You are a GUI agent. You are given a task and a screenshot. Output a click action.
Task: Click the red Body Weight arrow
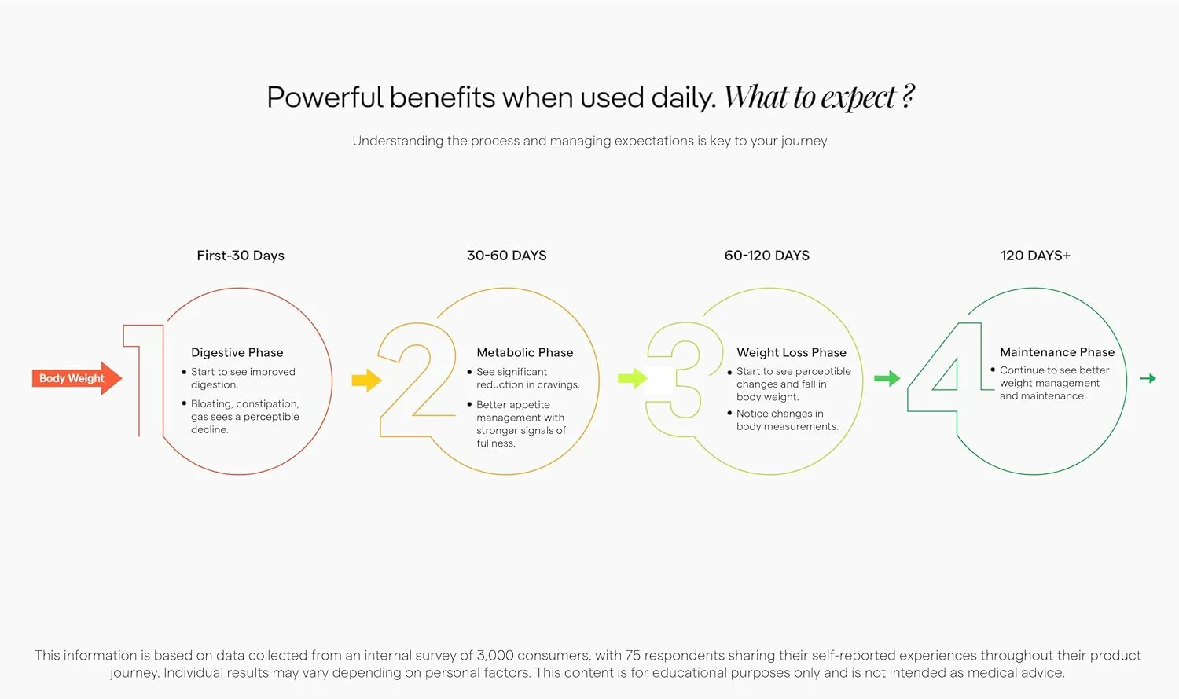point(77,378)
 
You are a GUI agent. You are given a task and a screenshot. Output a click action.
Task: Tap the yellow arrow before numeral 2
point(366,380)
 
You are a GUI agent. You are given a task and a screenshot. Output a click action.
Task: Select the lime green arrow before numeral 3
point(632,378)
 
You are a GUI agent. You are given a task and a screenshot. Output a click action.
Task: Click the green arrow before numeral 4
point(887,378)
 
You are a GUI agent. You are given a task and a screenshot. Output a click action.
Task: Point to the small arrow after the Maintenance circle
point(1148,378)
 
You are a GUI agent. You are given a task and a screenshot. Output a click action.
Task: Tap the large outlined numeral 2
point(417,380)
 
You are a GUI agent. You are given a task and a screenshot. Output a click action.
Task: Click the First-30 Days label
point(241,256)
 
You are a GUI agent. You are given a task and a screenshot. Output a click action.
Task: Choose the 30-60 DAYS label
point(507,256)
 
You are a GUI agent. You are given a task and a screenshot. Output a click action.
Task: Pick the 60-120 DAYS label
point(767,256)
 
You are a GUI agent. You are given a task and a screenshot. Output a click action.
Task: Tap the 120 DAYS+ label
point(1035,256)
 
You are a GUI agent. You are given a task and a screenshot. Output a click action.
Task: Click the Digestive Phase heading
point(237,353)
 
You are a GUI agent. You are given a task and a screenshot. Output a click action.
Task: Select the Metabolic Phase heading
point(525,352)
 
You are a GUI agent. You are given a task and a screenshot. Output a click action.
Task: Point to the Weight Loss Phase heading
point(792,353)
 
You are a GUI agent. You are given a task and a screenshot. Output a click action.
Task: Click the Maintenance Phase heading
point(1057,351)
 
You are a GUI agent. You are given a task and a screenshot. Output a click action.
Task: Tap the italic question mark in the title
point(907,97)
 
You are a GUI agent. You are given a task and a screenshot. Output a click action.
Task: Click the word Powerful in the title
point(324,97)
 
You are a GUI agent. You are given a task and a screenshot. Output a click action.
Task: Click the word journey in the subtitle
point(805,141)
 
